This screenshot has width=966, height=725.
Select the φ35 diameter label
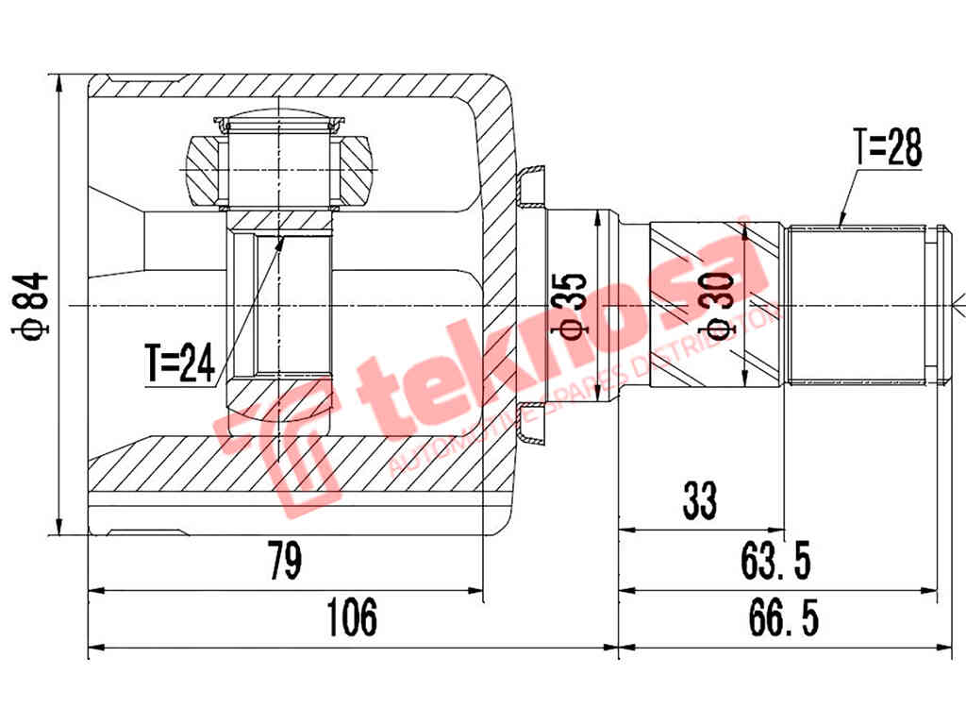pos(569,307)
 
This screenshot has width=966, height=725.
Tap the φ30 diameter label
pos(721,307)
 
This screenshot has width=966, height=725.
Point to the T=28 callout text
pos(888,148)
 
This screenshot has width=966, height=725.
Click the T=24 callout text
pos(180,363)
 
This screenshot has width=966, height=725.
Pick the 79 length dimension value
pos(285,561)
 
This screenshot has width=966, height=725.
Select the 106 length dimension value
pos(352,617)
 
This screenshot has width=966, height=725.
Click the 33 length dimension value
pos(700,500)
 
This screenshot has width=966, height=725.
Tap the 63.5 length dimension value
pos(775,561)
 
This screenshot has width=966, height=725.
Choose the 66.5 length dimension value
pos(784,617)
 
